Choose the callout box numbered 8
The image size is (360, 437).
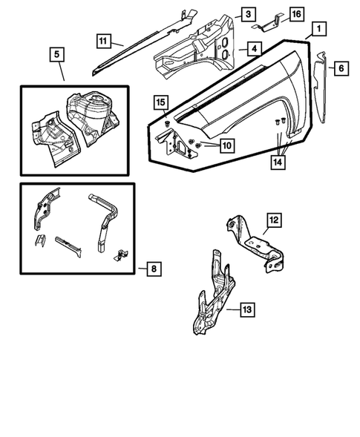tap(153, 269)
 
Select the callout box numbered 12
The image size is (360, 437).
tap(273, 220)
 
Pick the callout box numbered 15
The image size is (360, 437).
tap(160, 102)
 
